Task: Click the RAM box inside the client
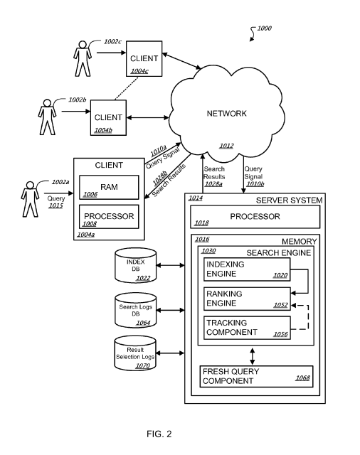coord(109,187)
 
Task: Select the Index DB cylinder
coord(136,265)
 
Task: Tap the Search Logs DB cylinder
coord(136,310)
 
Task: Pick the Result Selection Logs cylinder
coord(135,353)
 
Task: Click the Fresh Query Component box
coord(256,376)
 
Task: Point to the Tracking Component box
coord(247,328)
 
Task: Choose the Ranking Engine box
coord(247,299)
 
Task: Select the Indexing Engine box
coord(247,269)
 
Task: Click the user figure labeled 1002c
coord(83,58)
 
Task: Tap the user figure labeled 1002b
coord(47,117)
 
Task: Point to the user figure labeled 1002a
coord(30,199)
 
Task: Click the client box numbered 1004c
coord(144,58)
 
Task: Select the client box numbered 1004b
coord(108,117)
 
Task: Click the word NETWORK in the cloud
coord(227,114)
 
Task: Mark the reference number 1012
coord(226,146)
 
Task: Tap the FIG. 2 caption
coord(159,434)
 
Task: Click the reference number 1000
coord(264,28)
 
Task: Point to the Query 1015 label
coord(55,202)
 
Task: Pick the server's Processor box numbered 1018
coord(255,217)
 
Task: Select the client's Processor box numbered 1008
coord(109,217)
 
